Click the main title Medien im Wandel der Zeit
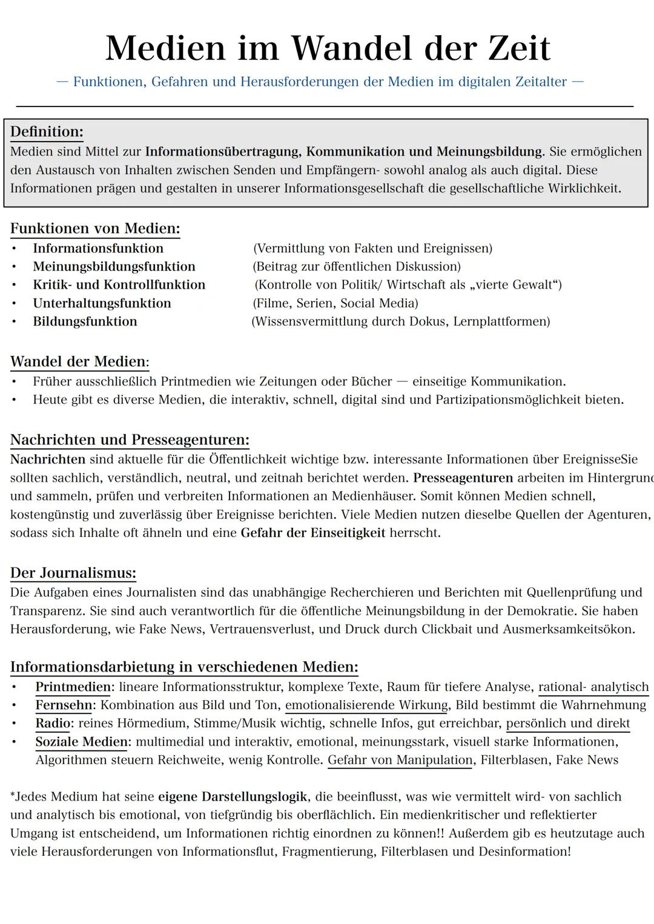[328, 48]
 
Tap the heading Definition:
[47, 132]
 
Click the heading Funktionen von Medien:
[95, 229]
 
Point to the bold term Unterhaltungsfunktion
[102, 303]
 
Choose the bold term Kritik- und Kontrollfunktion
[119, 285]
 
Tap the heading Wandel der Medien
[79, 362]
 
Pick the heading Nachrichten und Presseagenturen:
[130, 440]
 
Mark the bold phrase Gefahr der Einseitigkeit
[312, 533]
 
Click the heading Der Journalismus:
[73, 573]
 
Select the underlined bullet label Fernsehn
[64, 705]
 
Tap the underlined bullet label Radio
[53, 724]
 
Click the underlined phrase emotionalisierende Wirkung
[366, 705]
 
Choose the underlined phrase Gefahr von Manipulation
[400, 760]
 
